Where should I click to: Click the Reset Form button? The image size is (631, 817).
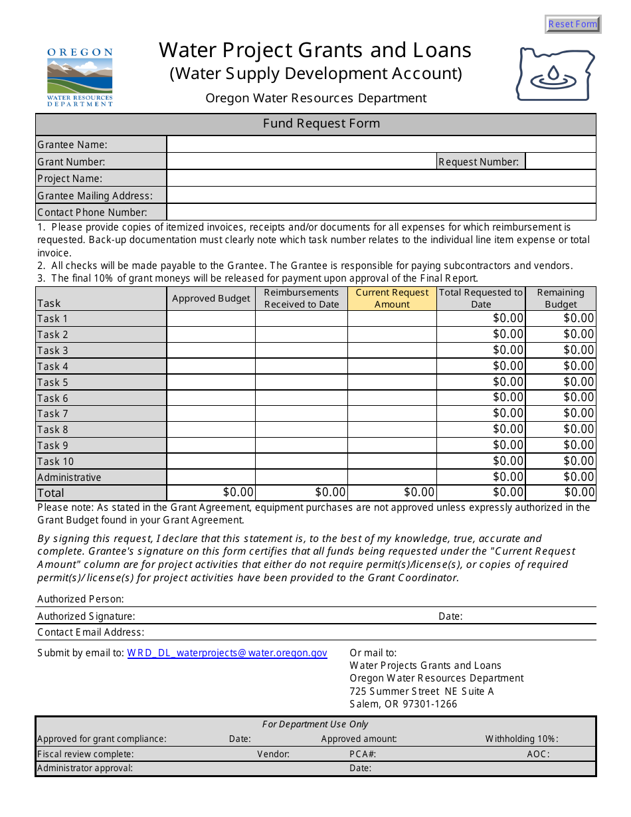[x=573, y=25]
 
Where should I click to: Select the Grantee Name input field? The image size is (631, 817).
[x=381, y=145]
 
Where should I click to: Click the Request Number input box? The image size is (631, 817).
[x=560, y=161]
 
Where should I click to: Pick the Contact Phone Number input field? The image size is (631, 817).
[x=381, y=213]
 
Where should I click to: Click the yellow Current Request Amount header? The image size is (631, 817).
[x=392, y=298]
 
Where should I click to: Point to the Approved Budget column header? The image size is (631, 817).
[x=211, y=298]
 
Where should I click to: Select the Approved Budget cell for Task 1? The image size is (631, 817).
[x=211, y=319]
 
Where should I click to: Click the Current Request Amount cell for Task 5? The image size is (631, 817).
[x=392, y=383]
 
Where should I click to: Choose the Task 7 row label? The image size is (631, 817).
[x=53, y=414]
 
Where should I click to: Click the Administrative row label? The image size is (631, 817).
[x=70, y=478]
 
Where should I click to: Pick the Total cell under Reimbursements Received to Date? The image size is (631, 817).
[x=302, y=492]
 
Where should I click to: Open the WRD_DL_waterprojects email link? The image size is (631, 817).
[x=227, y=653]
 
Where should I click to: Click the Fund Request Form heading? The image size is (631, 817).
[x=321, y=124]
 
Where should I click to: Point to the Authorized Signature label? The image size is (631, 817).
[x=86, y=616]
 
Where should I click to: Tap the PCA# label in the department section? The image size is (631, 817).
[x=363, y=754]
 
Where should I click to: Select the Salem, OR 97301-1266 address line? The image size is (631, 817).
[x=403, y=704]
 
